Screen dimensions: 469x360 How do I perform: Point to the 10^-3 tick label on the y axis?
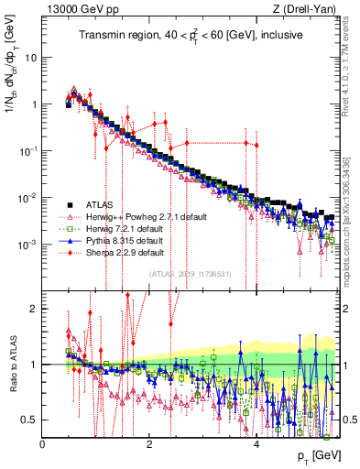coord(27,245)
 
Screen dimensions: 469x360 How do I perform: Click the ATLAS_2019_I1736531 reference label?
coord(191,274)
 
